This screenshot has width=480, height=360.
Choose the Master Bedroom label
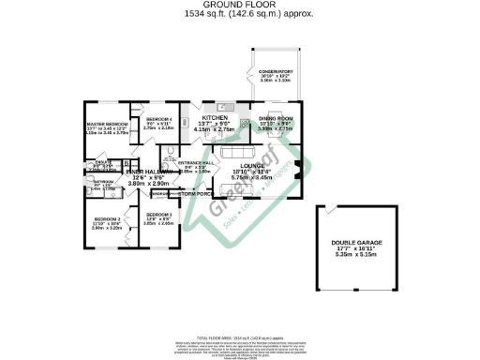(107, 124)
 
